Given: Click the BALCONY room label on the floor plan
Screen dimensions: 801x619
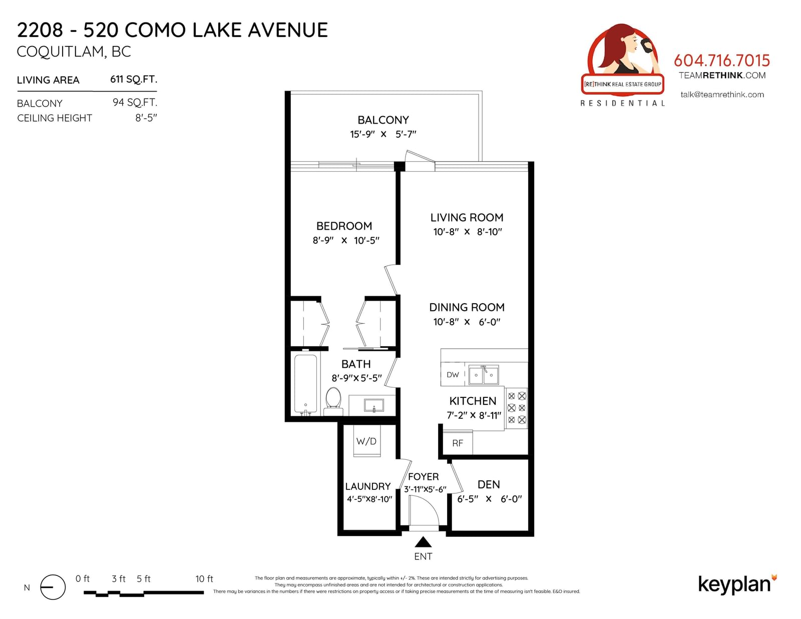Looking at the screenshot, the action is tap(383, 120).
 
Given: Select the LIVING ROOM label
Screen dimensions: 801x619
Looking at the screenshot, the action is tap(467, 217).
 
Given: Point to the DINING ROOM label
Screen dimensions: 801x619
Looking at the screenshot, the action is tap(467, 307).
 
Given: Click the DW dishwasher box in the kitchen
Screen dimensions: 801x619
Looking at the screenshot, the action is tap(453, 375).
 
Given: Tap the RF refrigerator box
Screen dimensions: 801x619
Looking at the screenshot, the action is tap(458, 442).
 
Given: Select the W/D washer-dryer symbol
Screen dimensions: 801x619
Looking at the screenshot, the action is tap(367, 441).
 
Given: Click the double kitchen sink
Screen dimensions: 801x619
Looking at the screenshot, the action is tap(484, 375).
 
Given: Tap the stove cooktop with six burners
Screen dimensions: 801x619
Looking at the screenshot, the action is tap(517, 408).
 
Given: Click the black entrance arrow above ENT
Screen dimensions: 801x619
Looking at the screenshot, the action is tap(423, 542).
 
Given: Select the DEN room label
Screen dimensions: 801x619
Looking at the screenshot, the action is tap(489, 484).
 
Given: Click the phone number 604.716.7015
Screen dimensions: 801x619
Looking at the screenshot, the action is tap(722, 61).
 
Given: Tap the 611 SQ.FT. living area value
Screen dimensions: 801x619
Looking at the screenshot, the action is tap(134, 80).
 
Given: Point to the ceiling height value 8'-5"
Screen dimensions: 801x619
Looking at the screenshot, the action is tap(146, 118).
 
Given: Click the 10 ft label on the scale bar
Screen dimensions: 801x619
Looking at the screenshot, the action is tap(204, 579).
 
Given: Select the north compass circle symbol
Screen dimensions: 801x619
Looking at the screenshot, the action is tap(53, 587).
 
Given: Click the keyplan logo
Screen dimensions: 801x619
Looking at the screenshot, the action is tap(737, 585).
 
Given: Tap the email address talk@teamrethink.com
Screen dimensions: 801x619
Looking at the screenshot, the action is tap(722, 95).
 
